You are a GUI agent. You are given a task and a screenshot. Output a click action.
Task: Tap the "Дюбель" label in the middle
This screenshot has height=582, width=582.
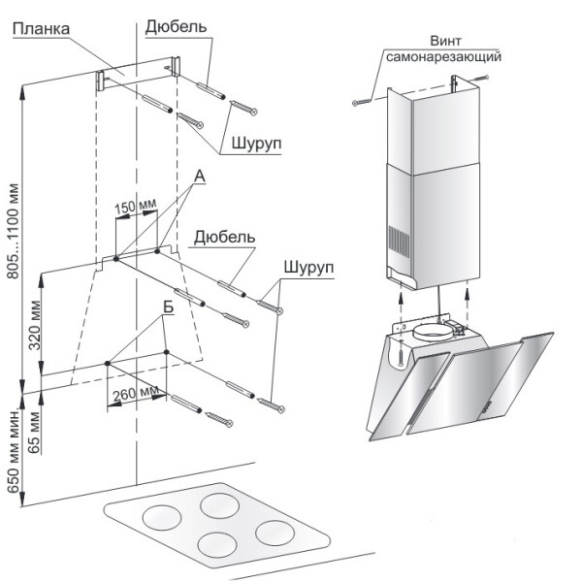(x=224, y=237)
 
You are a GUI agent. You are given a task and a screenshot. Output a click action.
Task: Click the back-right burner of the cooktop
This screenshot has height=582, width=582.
(x=217, y=506)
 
